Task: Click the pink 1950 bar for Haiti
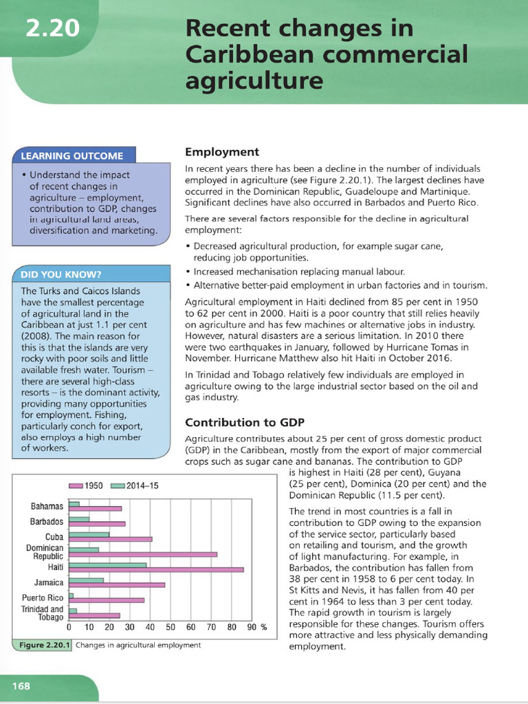pos(156,569)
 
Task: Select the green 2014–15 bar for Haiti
pos(108,564)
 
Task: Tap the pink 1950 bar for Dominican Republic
pos(143,554)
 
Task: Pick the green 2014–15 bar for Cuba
pos(89,534)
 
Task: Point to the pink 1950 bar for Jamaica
pos(117,585)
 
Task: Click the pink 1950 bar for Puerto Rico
pos(107,600)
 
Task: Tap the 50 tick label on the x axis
pos(170,627)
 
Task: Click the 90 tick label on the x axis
pos(252,627)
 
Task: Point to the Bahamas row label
pos(47,507)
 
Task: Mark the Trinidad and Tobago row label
pos(43,613)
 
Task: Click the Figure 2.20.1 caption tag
pos(43,646)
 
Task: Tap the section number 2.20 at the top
pos(52,29)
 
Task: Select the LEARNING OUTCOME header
pos(73,155)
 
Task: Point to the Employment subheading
pos(222,152)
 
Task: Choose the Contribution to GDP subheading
pos(245,421)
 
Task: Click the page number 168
pos(20,686)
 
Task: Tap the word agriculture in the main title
pos(254,81)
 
